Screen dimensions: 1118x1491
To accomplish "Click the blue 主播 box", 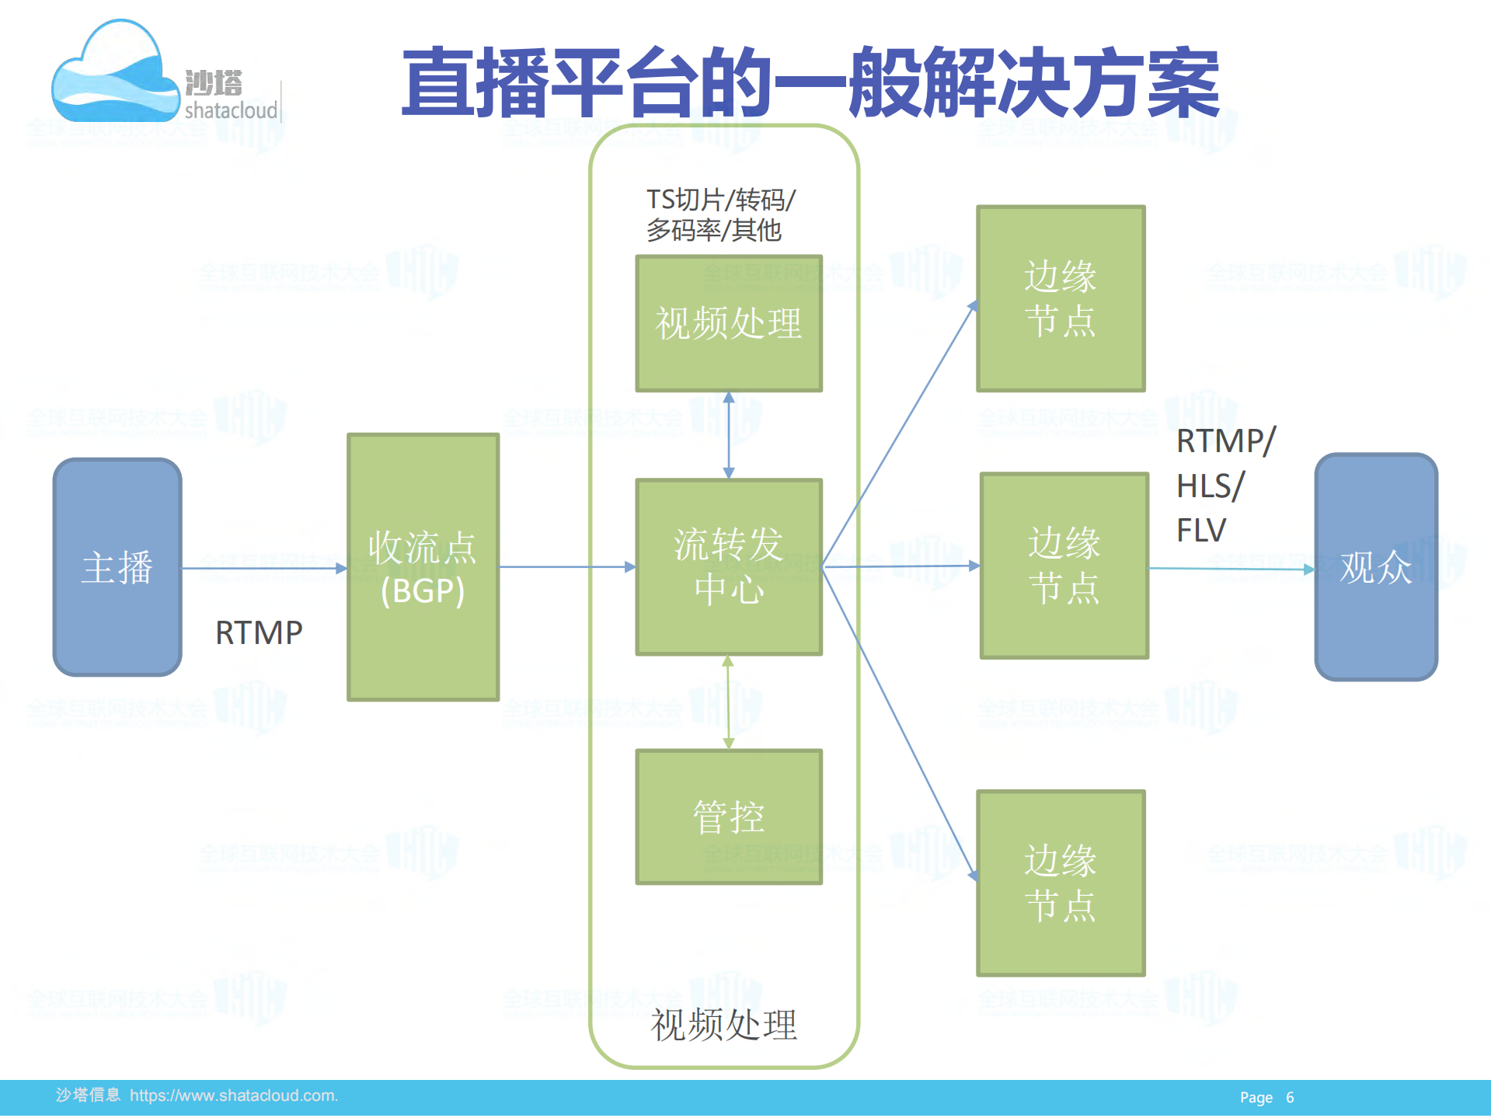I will click(x=117, y=566).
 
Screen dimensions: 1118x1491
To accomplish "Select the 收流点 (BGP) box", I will click(x=423, y=567).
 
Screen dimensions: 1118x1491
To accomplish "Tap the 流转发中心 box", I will click(x=728, y=566).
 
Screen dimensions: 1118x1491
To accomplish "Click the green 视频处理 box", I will click(x=728, y=323).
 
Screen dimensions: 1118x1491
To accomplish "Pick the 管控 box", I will click(x=728, y=817).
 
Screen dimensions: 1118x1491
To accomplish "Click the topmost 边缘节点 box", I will click(x=1061, y=298).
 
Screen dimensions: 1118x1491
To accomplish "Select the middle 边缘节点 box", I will click(x=1064, y=566).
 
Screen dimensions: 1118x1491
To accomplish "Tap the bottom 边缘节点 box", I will click(x=1061, y=883).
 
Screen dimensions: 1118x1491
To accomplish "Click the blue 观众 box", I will click(x=1375, y=567).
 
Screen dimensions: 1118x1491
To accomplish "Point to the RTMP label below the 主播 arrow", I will click(x=259, y=633).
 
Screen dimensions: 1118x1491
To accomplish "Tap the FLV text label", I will click(x=1200, y=531).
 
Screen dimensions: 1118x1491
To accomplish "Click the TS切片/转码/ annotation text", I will click(x=720, y=200).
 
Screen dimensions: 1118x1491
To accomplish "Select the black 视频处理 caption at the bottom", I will click(x=723, y=1025).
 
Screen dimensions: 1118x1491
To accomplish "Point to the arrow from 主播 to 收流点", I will click(x=264, y=568).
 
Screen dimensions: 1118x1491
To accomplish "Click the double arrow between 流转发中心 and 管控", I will click(x=728, y=702).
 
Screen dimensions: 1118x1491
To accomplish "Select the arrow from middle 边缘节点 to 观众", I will click(x=1231, y=569).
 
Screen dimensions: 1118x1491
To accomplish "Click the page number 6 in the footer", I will click(x=1290, y=1098).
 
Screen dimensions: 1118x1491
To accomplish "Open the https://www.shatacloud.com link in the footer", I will click(x=233, y=1095).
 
